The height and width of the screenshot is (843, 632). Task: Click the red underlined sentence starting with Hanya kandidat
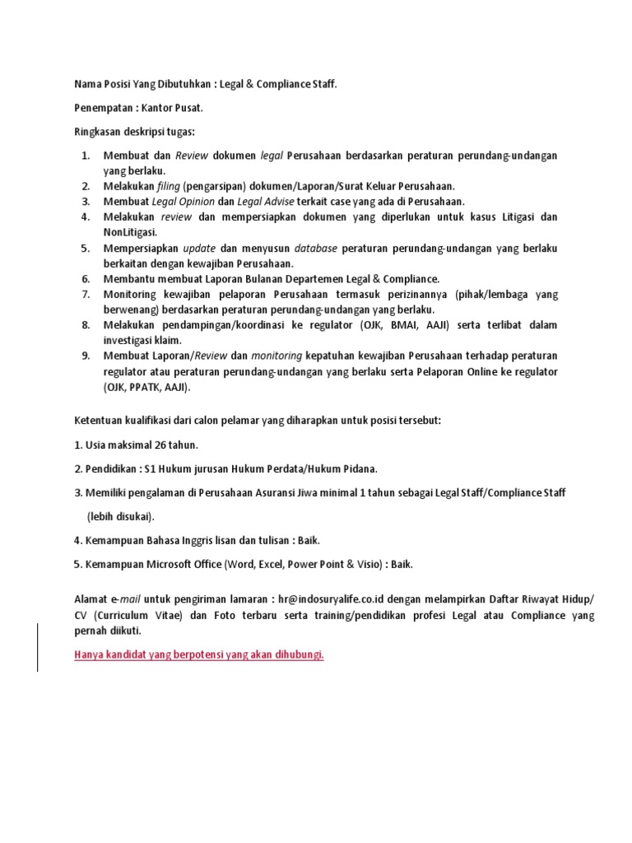(x=199, y=654)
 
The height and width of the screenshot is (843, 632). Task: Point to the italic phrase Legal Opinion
(x=182, y=202)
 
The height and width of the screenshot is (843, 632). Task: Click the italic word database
(x=315, y=248)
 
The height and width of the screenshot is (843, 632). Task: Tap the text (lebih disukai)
(x=121, y=516)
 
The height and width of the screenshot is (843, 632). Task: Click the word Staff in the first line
(x=319, y=84)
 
